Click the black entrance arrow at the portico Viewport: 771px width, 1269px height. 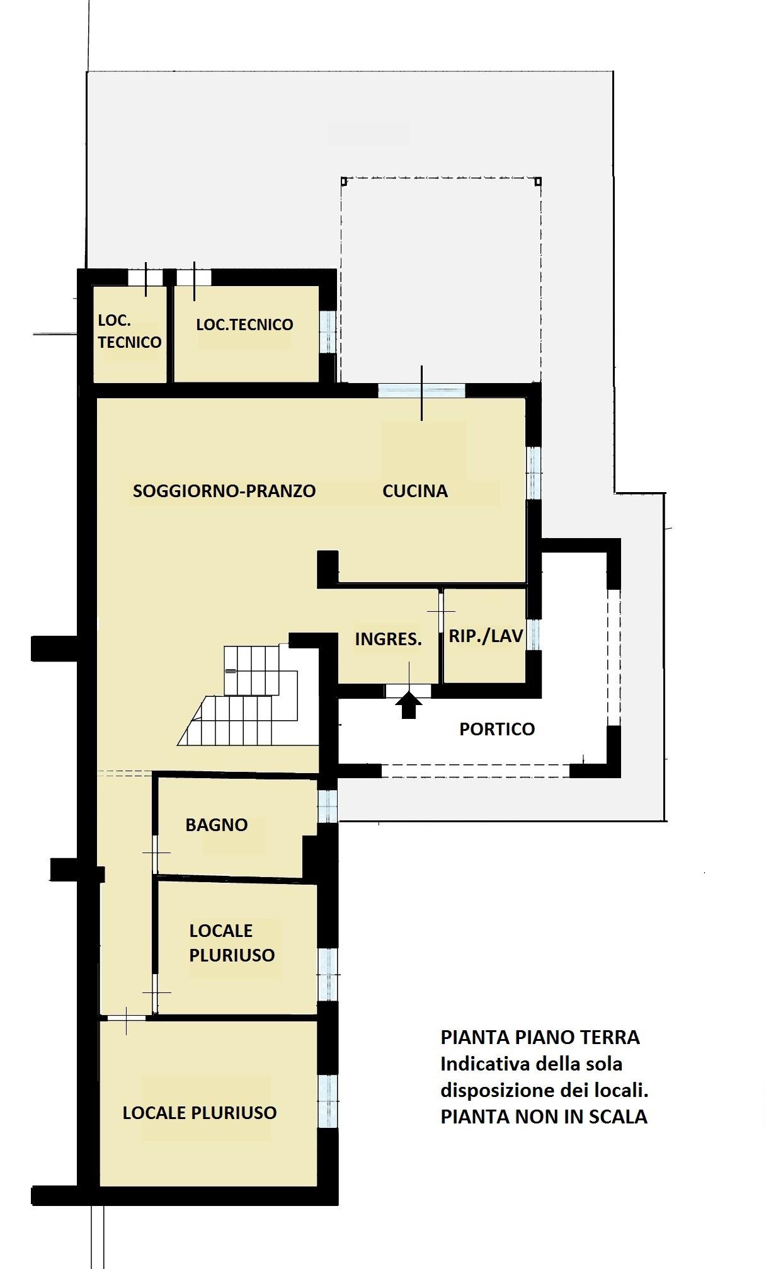409,705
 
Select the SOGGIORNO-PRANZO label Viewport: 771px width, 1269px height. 224,491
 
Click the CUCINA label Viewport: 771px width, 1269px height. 415,491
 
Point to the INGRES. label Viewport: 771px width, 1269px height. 388,639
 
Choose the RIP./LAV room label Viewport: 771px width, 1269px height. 486,636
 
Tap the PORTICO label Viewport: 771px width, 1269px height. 497,729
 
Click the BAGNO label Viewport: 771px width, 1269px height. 217,825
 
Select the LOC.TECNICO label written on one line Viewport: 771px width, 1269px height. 244,324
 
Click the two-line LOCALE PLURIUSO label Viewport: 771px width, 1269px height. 232,943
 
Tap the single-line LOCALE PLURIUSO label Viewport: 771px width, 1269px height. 200,1113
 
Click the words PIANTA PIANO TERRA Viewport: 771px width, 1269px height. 540,1038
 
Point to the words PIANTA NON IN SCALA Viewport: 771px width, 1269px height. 544,1117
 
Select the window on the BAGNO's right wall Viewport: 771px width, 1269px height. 328,806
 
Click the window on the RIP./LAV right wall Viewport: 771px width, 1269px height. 534,634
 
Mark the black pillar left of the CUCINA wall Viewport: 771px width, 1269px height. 328,569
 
